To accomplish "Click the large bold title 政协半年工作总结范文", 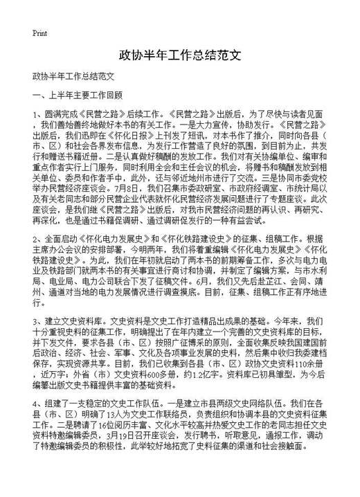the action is pyautogui.click(x=179, y=54).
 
